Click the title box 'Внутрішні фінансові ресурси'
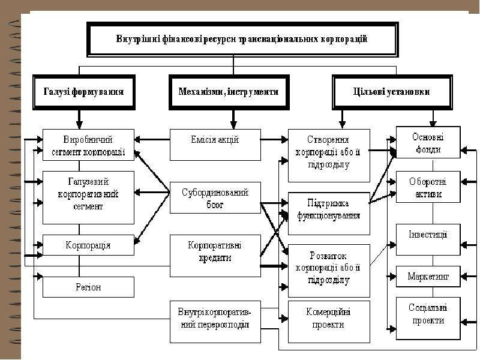(x=242, y=40)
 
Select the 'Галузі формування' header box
(x=84, y=92)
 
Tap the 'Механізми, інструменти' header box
(x=229, y=92)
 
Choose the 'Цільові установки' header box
(x=392, y=92)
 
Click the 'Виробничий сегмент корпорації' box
(x=88, y=145)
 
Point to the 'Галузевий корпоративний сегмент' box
(x=88, y=197)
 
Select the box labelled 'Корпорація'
(x=88, y=245)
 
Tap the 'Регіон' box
(x=88, y=287)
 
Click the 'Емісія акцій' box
(x=215, y=145)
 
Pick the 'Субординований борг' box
(x=215, y=198)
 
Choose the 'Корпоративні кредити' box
(x=215, y=256)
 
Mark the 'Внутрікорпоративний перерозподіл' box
(x=215, y=322)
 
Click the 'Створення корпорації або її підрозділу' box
(x=329, y=155)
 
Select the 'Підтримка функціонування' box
(x=329, y=214)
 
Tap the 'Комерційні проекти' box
(x=329, y=322)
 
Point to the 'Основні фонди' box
(x=428, y=142)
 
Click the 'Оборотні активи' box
(x=428, y=187)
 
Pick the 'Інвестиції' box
(x=428, y=239)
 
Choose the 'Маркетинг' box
(x=428, y=277)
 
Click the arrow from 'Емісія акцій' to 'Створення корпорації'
(x=274, y=140)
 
